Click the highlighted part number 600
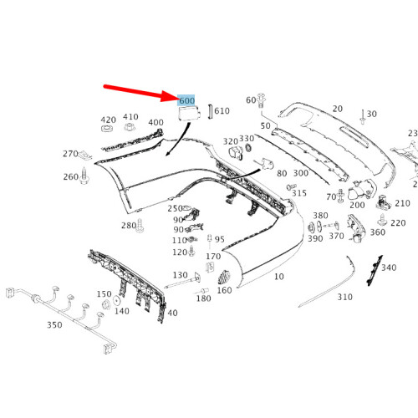[x=186, y=101]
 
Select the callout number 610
[x=222, y=110]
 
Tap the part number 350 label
[x=54, y=325]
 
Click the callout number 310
[x=344, y=297]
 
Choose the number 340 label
[x=389, y=268]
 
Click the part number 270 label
[x=69, y=154]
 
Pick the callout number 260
[x=70, y=176]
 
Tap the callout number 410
[x=130, y=117]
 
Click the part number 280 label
[x=128, y=225]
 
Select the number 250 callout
[x=174, y=208]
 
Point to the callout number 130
[x=180, y=275]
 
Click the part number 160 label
[x=224, y=290]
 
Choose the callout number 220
[x=398, y=223]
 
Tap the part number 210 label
[x=403, y=203]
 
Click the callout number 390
[x=314, y=238]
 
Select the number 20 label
[x=337, y=109]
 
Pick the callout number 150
[x=104, y=294]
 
